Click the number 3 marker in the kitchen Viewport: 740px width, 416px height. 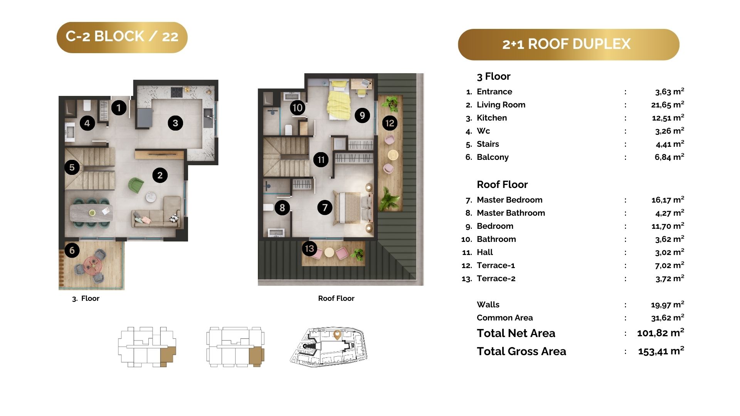coord(175,123)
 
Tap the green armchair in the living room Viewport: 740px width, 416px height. coord(136,185)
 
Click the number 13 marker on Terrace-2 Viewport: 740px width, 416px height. coord(309,248)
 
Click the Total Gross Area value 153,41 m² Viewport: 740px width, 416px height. coord(661,351)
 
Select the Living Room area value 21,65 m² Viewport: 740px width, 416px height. coord(668,104)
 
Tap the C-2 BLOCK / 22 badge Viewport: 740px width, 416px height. coord(122,37)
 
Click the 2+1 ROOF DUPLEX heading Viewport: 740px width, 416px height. coord(567,44)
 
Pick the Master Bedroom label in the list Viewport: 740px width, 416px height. coord(510,200)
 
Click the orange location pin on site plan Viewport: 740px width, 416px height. coord(337,335)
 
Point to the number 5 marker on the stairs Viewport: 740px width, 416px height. coord(72,167)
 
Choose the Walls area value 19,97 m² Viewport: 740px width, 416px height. coord(668,304)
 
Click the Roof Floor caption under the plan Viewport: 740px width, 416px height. coord(336,298)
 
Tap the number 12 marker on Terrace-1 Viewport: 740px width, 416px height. coord(390,123)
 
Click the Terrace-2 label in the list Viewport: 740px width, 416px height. coord(496,278)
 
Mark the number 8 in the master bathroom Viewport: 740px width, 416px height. coord(282,208)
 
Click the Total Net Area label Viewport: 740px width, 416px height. coord(516,333)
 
